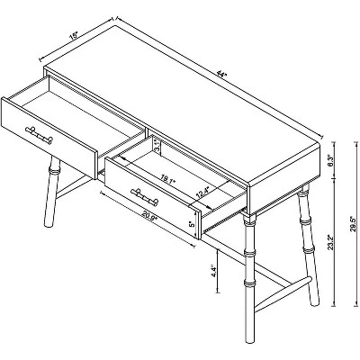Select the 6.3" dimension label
tap(332, 163)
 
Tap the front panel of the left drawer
tap(49, 135)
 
